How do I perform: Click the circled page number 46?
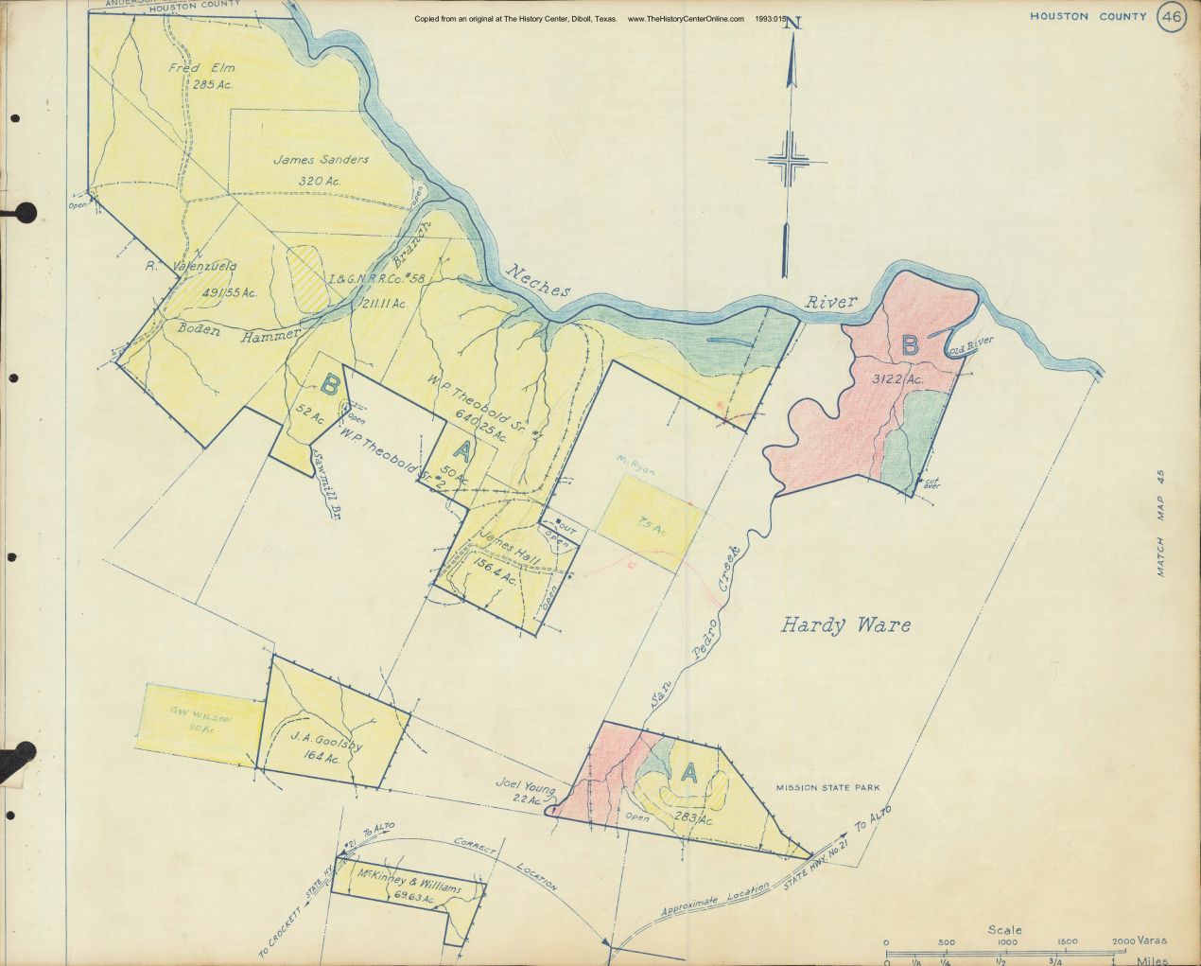[x=1172, y=17]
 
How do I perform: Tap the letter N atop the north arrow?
[x=792, y=26]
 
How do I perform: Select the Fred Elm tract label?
[x=200, y=68]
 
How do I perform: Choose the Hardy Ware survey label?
[x=846, y=624]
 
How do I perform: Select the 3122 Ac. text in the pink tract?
[x=898, y=379]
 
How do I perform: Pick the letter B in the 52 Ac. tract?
[x=330, y=384]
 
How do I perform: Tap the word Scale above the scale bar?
[x=1004, y=930]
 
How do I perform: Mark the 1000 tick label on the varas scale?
[x=1007, y=942]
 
